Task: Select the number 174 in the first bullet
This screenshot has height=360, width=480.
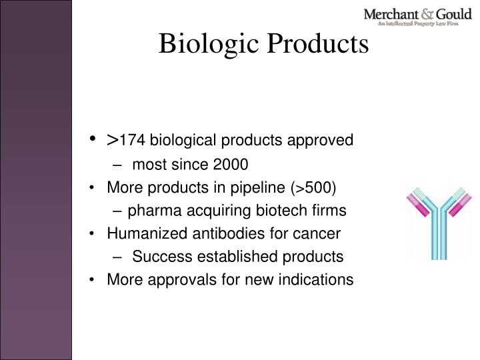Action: coord(131,141)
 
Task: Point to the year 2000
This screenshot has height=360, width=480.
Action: coord(230,163)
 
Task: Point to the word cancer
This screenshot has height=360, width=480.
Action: coord(319,234)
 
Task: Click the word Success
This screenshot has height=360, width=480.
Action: coord(156,257)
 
